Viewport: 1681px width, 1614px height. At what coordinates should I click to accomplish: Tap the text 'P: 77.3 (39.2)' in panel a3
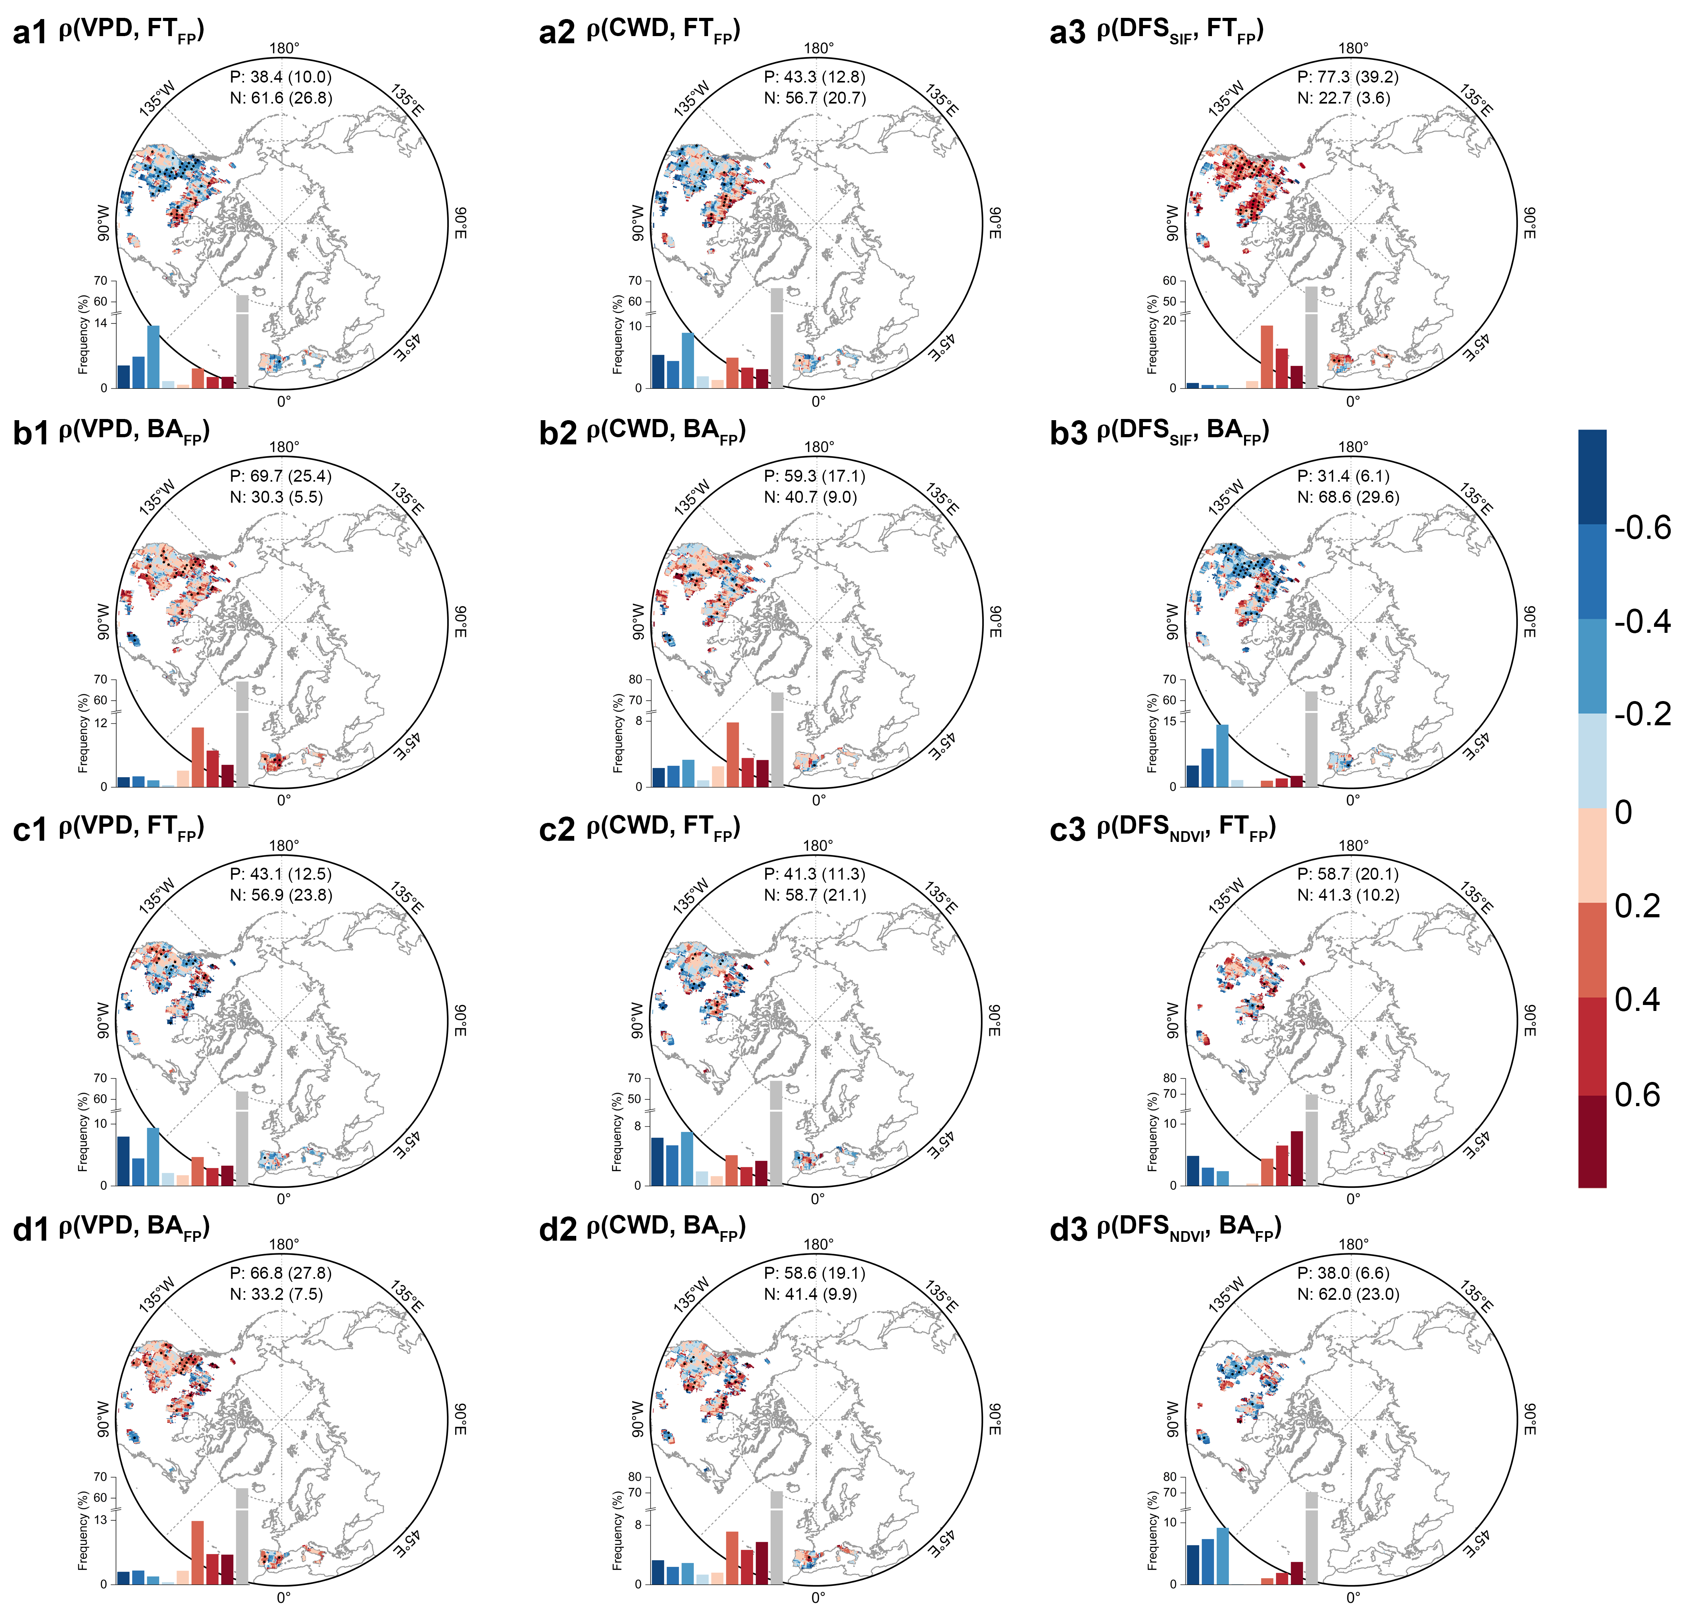click(1347, 77)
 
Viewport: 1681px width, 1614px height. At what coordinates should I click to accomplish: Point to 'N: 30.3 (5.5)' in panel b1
click(276, 498)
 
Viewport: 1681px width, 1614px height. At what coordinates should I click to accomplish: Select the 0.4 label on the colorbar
click(1637, 999)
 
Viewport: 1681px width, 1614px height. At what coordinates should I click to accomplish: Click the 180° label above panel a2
click(819, 49)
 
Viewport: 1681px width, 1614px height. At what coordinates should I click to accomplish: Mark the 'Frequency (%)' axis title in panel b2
click(617, 733)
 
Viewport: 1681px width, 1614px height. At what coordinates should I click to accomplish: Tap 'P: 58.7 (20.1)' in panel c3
click(1347, 874)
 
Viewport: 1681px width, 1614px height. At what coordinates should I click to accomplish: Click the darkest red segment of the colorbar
click(1592, 1141)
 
